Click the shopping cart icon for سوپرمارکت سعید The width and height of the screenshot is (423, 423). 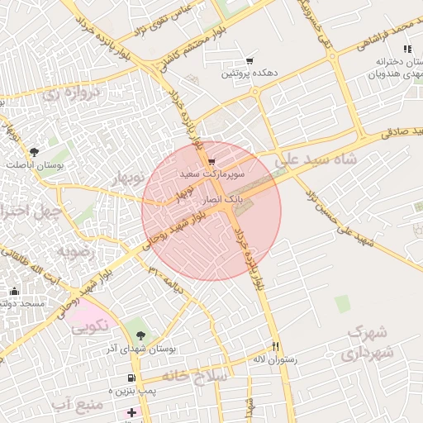click(212, 161)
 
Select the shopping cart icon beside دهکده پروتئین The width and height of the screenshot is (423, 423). click(250, 61)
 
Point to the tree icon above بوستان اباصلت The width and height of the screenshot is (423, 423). click(34, 152)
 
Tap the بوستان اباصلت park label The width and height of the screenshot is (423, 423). click(31, 164)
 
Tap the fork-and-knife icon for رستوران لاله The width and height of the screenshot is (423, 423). click(276, 347)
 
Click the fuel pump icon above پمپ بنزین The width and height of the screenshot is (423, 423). click(130, 378)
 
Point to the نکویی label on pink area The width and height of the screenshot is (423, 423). click(89, 326)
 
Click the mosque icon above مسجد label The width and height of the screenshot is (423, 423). click(15, 291)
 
